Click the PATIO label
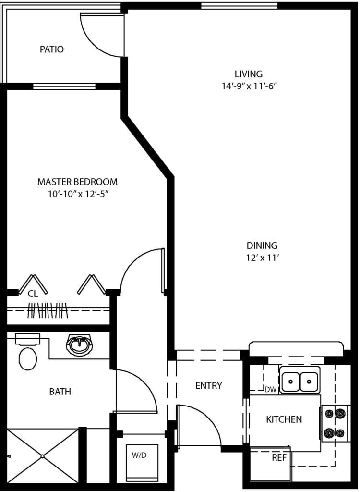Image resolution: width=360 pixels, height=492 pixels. pyautogui.click(x=52, y=49)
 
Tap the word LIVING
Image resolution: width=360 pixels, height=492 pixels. pyautogui.click(x=249, y=74)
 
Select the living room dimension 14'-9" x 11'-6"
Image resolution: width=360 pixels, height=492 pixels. pyautogui.click(x=250, y=86)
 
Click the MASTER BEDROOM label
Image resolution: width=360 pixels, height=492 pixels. pyautogui.click(x=77, y=182)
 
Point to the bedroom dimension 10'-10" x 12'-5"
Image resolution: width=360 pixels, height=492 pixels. pyautogui.click(x=78, y=194)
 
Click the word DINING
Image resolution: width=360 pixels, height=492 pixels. pyautogui.click(x=262, y=246)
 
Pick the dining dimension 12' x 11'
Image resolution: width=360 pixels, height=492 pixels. pyautogui.click(x=263, y=258)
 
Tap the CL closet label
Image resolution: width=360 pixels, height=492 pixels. pyautogui.click(x=33, y=294)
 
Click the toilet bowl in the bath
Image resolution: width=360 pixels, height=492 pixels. pyautogui.click(x=28, y=358)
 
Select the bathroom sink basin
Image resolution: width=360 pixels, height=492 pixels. pyautogui.click(x=79, y=345)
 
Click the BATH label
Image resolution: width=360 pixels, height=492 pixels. pyautogui.click(x=60, y=392)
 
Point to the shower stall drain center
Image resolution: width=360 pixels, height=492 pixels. pyautogui.click(x=43, y=456)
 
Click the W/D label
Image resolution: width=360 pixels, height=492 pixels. pyautogui.click(x=139, y=455)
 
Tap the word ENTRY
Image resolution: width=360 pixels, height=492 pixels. pyautogui.click(x=208, y=385)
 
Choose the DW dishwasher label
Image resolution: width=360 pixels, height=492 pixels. pyautogui.click(x=271, y=390)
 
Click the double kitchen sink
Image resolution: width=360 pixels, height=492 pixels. pyautogui.click(x=300, y=380)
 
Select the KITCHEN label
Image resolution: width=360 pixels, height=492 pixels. pyautogui.click(x=284, y=419)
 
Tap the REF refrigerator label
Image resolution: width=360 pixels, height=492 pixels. pyautogui.click(x=279, y=458)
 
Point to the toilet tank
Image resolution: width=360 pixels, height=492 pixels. pyautogui.click(x=27, y=339)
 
